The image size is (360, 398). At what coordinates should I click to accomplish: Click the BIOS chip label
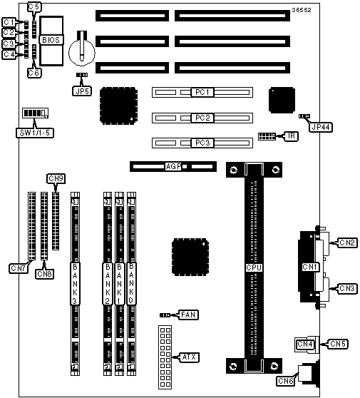click(51, 40)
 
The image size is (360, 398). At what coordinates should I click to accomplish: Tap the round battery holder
click(82, 51)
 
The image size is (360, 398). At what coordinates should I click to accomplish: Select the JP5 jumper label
click(82, 91)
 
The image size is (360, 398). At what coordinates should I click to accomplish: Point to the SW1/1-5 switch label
click(35, 133)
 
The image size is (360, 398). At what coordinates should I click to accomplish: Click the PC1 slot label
click(202, 92)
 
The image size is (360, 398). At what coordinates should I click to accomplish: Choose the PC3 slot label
click(202, 143)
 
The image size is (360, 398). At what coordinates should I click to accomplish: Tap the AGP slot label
click(173, 166)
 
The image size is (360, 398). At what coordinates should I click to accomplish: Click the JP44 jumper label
click(321, 127)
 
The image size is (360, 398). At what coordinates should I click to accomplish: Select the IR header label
click(292, 136)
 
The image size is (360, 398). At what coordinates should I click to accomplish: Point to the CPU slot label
click(254, 267)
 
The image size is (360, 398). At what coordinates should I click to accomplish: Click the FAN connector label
click(188, 315)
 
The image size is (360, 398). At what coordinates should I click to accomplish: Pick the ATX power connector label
click(189, 357)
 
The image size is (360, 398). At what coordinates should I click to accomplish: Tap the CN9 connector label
click(56, 178)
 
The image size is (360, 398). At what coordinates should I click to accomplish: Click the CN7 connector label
click(19, 268)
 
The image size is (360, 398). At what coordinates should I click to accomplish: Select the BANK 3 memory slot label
click(75, 284)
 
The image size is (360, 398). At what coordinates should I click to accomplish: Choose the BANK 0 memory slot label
click(131, 284)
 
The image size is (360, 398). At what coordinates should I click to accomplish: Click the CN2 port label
click(346, 243)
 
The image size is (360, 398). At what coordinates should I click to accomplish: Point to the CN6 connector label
click(285, 381)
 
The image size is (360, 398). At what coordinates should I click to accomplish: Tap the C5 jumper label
click(34, 7)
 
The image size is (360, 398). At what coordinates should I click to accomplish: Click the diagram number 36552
click(302, 10)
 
